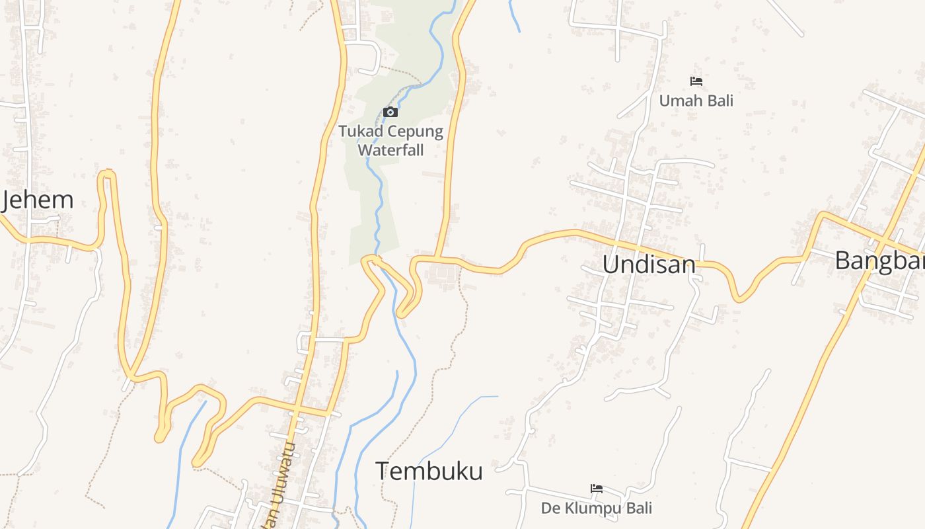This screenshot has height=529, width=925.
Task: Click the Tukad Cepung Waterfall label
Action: (390, 140)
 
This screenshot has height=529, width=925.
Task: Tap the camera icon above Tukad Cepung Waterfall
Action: (390, 112)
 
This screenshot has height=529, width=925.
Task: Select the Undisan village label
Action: (649, 264)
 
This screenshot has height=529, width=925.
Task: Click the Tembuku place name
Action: (429, 471)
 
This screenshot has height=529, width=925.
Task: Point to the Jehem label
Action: (37, 200)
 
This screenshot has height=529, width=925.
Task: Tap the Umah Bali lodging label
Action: (696, 101)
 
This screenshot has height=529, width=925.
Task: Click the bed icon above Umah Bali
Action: (696, 81)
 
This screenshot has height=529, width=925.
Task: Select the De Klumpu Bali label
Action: (596, 508)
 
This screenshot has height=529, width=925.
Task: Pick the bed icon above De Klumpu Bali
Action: (597, 489)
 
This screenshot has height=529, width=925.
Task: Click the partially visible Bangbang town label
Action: (879, 261)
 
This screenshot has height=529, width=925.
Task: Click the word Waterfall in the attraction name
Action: (390, 150)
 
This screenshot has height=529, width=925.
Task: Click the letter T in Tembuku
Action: (382, 471)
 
